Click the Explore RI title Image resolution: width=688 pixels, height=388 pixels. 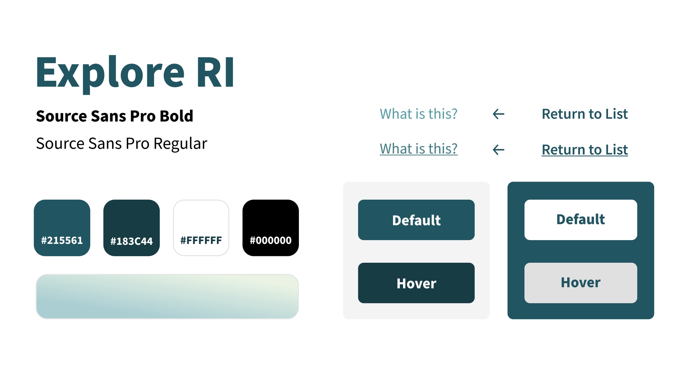135,73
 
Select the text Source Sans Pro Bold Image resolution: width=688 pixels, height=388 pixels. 115,116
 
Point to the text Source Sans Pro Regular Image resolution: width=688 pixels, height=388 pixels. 121,144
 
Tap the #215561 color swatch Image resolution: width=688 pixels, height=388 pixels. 62,228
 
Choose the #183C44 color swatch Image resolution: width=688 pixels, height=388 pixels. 132,228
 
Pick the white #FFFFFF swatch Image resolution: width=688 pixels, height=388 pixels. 201,228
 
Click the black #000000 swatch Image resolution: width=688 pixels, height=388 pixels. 271,228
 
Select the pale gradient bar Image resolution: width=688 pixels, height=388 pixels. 167,296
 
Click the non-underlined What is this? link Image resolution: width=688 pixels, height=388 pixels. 419,114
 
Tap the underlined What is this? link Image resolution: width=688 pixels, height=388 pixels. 419,149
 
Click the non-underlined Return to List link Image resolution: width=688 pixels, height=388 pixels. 585,114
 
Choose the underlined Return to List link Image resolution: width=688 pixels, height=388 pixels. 585,150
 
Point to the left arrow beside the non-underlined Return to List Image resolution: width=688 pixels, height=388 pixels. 498,114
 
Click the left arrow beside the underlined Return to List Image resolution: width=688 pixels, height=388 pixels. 498,150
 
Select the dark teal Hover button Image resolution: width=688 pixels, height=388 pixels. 416,283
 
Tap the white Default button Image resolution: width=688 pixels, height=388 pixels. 580,220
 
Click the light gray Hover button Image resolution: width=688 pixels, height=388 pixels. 580,283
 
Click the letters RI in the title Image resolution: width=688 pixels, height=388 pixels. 216,73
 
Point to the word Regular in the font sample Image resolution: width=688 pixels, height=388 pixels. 180,144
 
